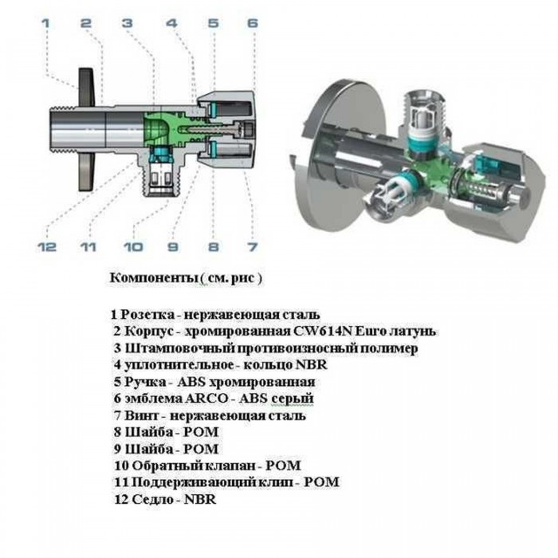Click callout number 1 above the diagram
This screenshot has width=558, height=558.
point(45,23)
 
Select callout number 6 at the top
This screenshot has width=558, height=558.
point(252,23)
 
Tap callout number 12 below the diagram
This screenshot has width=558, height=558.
point(47,247)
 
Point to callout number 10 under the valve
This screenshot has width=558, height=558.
point(133,247)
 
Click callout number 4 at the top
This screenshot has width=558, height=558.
point(171,23)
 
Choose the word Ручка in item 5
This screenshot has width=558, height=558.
point(139,382)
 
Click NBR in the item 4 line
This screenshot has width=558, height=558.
point(311,365)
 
